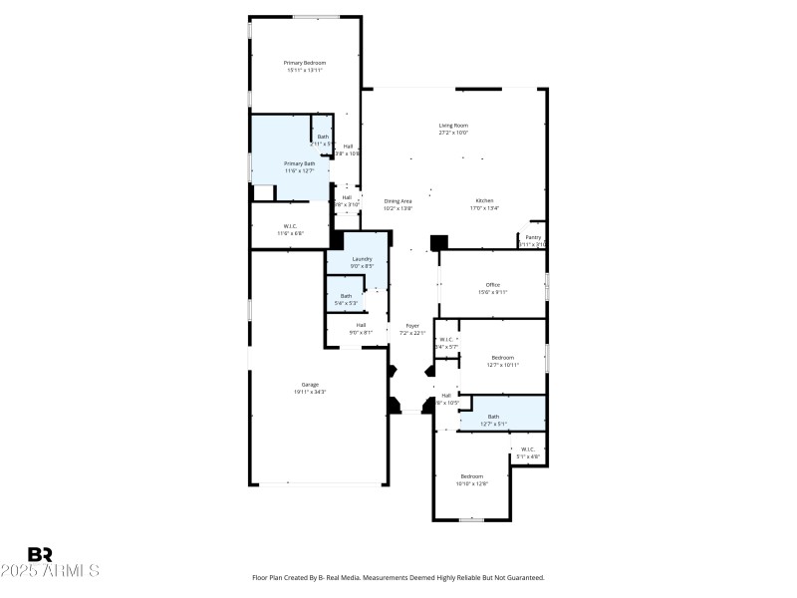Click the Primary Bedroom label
coord(306,63)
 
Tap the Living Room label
coord(453,126)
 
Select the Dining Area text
coord(398,201)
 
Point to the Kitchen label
coord(483,201)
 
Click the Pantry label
coord(533,237)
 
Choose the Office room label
coord(493,285)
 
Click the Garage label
coord(311,385)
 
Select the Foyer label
coord(411,326)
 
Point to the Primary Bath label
coord(299,163)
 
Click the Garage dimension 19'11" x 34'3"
coord(311,392)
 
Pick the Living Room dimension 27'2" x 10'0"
coord(453,133)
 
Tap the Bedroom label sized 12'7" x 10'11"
coord(502,357)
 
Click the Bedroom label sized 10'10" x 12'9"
coord(471,475)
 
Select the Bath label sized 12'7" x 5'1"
coord(493,417)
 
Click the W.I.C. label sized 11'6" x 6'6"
coord(290,226)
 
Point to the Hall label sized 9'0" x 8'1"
coord(361,325)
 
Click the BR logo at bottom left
coord(40,554)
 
